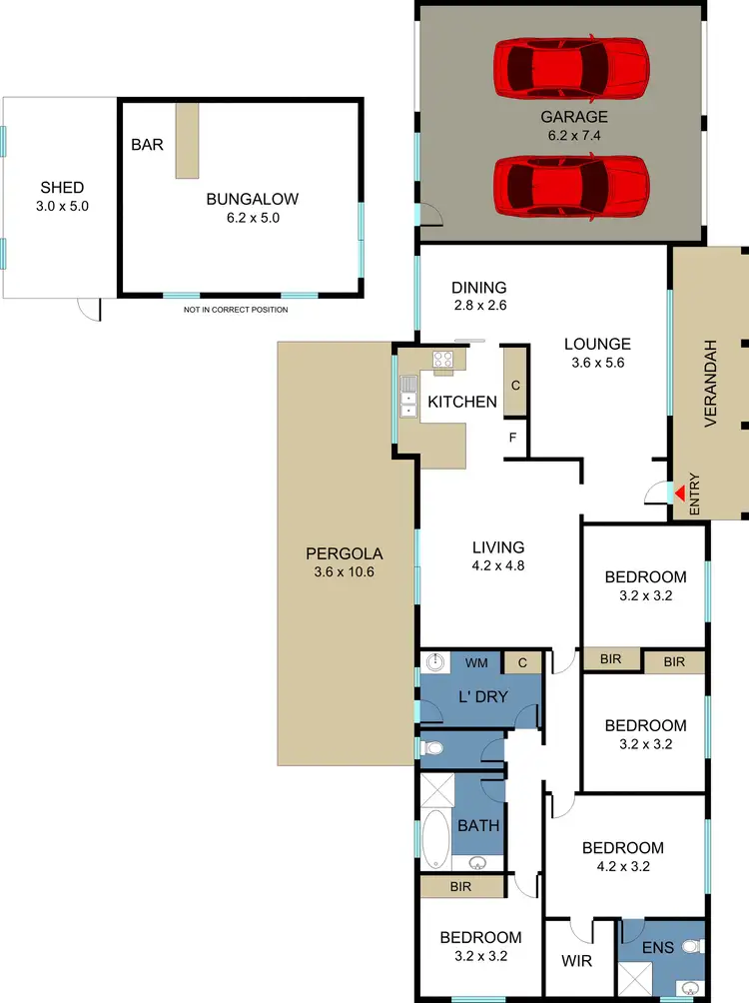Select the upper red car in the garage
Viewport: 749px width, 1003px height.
click(x=571, y=68)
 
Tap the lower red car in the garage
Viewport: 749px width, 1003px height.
click(x=571, y=185)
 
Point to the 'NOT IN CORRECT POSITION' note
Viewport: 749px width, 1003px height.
click(x=236, y=310)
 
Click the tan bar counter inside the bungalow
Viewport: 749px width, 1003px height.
click(x=187, y=139)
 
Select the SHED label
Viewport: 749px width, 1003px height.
click(x=62, y=188)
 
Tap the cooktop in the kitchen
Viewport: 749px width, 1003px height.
click(x=444, y=361)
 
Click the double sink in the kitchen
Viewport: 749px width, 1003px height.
click(x=407, y=395)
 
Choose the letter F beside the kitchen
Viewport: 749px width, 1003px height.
click(x=513, y=437)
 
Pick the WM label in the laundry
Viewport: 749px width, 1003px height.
click(x=477, y=662)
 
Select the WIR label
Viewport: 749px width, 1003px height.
click(x=576, y=962)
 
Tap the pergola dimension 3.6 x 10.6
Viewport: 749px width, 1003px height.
click(x=344, y=572)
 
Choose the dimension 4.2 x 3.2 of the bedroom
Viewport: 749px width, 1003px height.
click(x=622, y=866)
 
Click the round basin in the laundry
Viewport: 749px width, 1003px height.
click(x=434, y=661)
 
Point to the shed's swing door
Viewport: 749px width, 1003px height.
click(x=90, y=309)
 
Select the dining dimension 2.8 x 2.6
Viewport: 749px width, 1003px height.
click(x=478, y=306)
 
